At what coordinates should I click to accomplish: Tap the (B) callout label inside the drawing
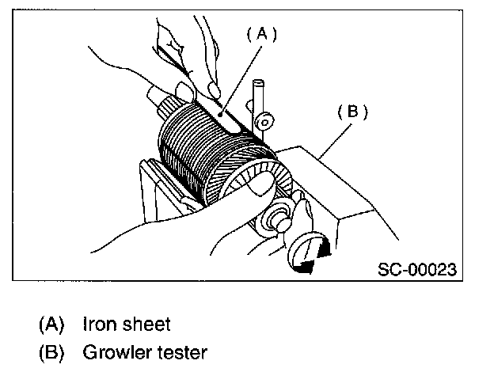point(353,112)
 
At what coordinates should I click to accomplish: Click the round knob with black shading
point(309,254)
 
